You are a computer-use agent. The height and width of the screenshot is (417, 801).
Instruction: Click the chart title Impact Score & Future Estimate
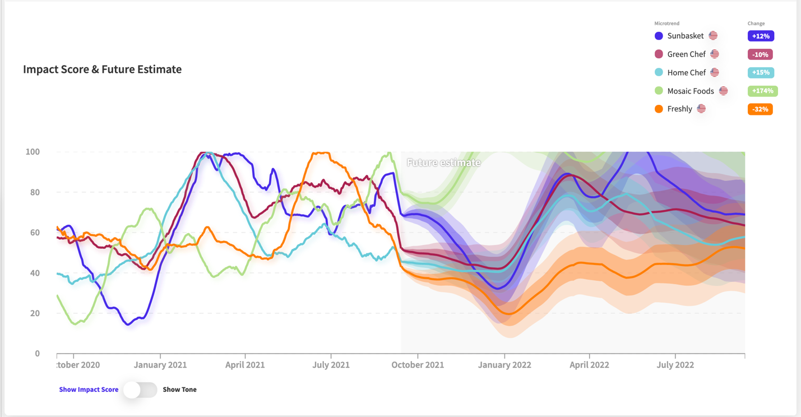pyautogui.click(x=102, y=69)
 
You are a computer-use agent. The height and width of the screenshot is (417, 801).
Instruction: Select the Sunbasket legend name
pyautogui.click(x=685, y=36)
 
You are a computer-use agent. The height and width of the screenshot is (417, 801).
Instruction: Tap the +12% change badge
pyautogui.click(x=761, y=36)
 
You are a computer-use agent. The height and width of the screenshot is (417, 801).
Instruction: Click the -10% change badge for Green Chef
pyautogui.click(x=760, y=54)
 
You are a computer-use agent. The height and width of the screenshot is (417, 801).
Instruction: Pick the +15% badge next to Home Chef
pyautogui.click(x=761, y=73)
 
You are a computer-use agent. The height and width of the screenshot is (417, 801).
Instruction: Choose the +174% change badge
pyautogui.click(x=762, y=91)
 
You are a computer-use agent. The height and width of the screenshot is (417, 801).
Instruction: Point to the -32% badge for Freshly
pyautogui.click(x=760, y=109)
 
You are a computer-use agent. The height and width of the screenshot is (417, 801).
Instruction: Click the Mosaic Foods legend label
pyautogui.click(x=690, y=91)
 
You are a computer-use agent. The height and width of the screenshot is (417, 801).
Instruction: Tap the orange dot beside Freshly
pyautogui.click(x=659, y=109)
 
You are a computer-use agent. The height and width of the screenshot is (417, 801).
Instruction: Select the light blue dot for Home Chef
pyautogui.click(x=659, y=72)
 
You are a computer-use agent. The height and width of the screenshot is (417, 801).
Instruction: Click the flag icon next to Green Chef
pyautogui.click(x=715, y=54)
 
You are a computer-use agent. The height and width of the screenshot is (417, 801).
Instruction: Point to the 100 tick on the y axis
pyautogui.click(x=33, y=152)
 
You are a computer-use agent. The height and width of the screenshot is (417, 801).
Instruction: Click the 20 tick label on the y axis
pyautogui.click(x=34, y=313)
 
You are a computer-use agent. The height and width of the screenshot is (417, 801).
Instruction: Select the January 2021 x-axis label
pyautogui.click(x=160, y=365)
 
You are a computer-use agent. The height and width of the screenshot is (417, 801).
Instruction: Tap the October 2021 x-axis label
pyautogui.click(x=418, y=365)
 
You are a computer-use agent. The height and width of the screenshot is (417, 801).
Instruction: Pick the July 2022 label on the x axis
pyautogui.click(x=675, y=365)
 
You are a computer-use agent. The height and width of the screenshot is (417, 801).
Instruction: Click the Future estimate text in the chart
pyautogui.click(x=443, y=163)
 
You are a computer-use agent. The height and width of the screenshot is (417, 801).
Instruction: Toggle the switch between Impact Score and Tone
pyautogui.click(x=140, y=390)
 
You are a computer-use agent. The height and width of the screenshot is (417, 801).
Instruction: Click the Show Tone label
pyautogui.click(x=179, y=390)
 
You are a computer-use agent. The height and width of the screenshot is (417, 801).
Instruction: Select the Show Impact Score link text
pyautogui.click(x=89, y=390)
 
